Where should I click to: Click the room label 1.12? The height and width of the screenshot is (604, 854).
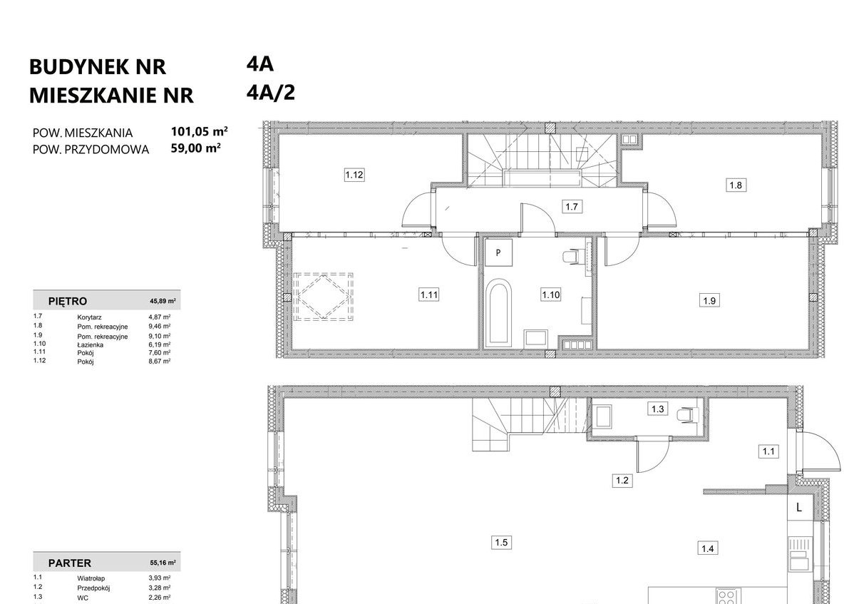pyautogui.click(x=355, y=175)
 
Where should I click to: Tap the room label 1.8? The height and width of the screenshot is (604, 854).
pyautogui.click(x=736, y=185)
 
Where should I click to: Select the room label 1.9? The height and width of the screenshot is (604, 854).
pyautogui.click(x=709, y=301)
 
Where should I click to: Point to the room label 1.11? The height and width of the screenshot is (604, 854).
pyautogui.click(x=428, y=294)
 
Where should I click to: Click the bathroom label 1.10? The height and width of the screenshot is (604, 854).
pyautogui.click(x=550, y=294)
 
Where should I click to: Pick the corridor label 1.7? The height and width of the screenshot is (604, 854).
pyautogui.click(x=570, y=208)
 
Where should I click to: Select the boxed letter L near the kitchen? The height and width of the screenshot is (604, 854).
pyautogui.click(x=799, y=508)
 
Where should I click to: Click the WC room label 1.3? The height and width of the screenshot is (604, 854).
pyautogui.click(x=658, y=409)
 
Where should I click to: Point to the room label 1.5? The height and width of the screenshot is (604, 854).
pyautogui.click(x=501, y=543)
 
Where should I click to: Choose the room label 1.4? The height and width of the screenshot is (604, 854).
pyautogui.click(x=708, y=548)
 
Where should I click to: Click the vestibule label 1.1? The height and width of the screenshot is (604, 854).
pyautogui.click(x=768, y=451)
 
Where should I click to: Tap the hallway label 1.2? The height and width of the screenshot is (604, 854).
pyautogui.click(x=622, y=481)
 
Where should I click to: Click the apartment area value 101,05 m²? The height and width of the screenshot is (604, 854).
pyautogui.click(x=199, y=132)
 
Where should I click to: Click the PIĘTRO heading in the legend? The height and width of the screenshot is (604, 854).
pyautogui.click(x=68, y=301)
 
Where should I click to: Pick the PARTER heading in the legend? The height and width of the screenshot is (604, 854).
pyautogui.click(x=70, y=563)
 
